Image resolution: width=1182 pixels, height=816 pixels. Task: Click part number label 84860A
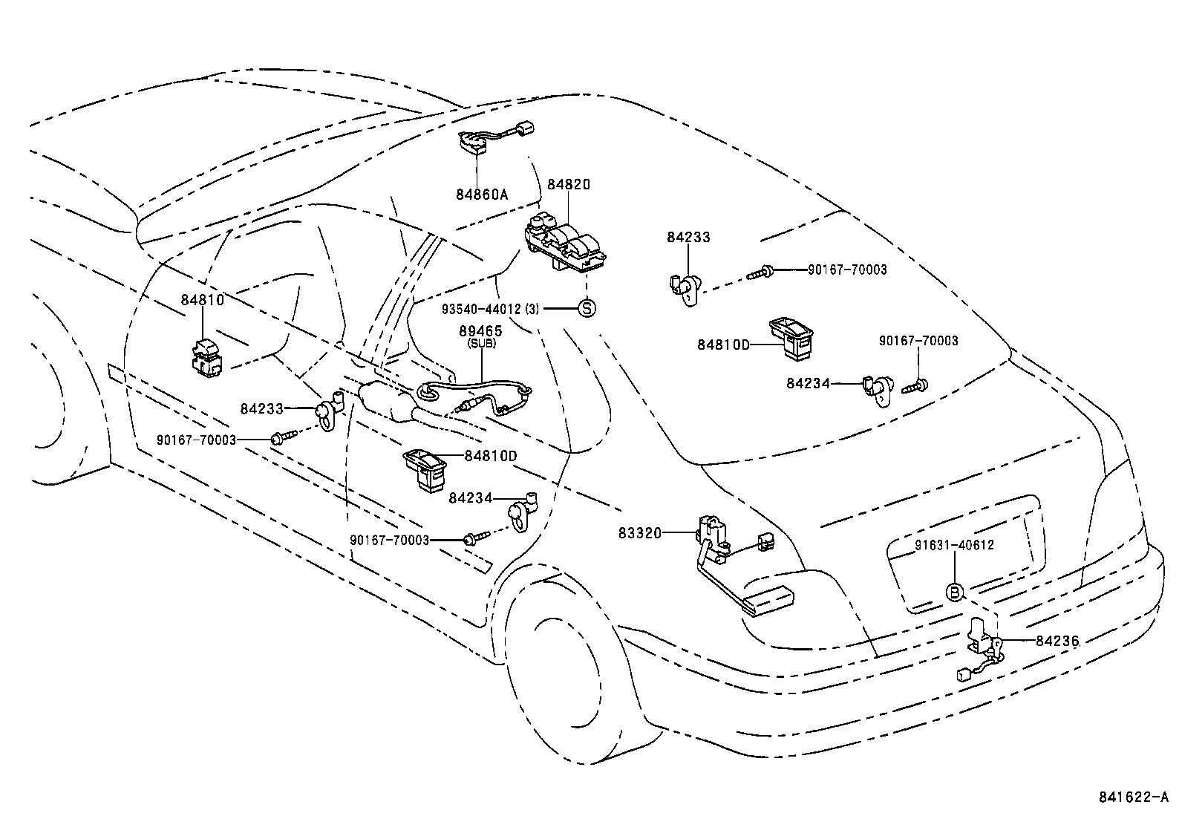482,195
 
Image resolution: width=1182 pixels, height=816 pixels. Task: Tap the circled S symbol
587,308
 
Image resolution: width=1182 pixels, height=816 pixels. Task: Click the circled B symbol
956,592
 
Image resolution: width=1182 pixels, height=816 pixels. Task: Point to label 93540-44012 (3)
490,308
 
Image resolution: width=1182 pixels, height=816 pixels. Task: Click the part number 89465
481,331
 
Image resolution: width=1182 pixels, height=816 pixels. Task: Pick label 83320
639,532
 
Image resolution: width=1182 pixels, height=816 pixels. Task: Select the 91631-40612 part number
954,545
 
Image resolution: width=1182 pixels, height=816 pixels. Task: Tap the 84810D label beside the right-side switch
724,345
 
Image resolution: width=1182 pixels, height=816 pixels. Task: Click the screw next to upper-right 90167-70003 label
759,272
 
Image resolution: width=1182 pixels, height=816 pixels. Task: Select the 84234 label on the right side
808,383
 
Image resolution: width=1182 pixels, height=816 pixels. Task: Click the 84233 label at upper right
688,238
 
